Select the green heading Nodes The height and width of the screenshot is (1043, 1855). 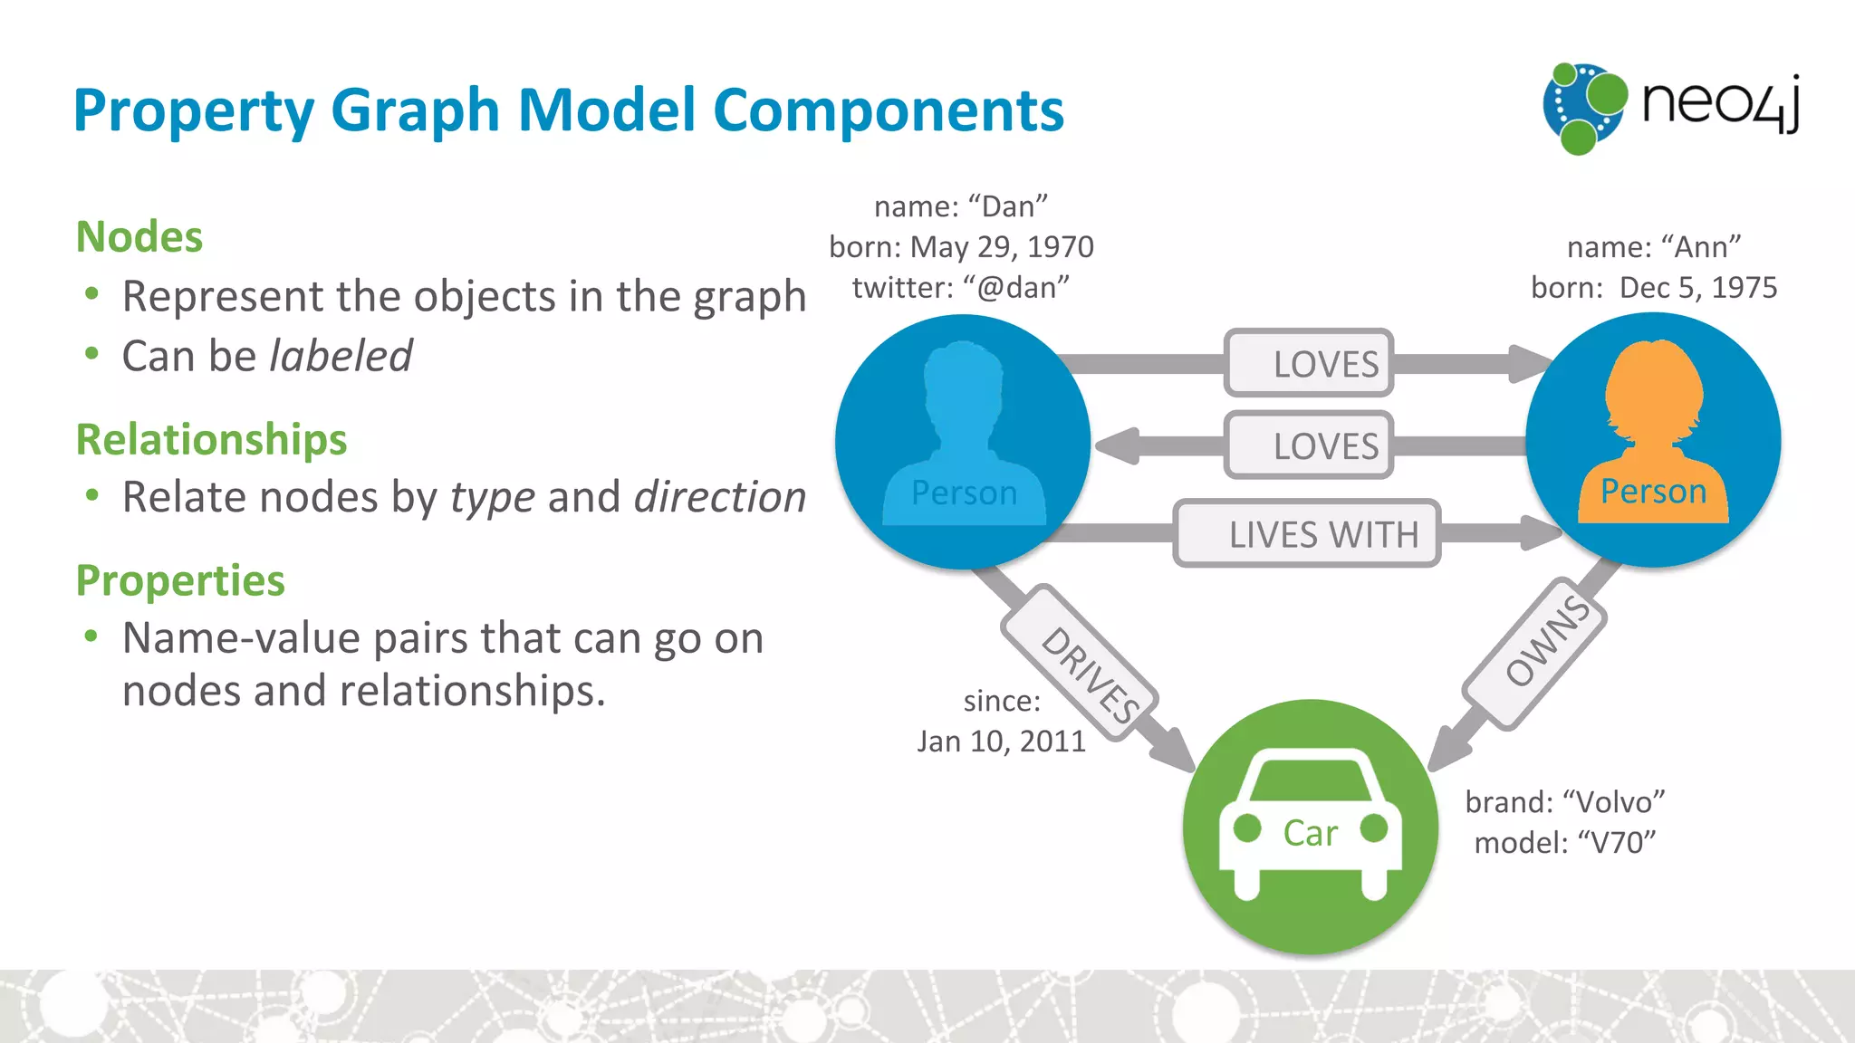pos(139,237)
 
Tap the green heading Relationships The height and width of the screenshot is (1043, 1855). pos(211,440)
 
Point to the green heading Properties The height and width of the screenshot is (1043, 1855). pos(180,581)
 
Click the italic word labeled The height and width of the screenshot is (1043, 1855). pos(341,356)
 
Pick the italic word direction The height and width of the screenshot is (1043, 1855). pos(720,497)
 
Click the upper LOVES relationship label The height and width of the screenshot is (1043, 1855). pos(1309,363)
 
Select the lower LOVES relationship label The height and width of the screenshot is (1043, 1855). pos(1309,445)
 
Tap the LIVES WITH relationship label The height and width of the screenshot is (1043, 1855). pos(1307,534)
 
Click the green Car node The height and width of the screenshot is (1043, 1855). pos(1310,826)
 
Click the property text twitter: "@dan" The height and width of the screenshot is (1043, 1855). pos(961,288)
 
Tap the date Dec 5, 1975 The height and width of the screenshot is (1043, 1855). pos(1698,288)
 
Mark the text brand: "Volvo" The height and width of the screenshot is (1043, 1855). pos(1565,802)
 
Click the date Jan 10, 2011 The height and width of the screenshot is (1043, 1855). pos(1001,742)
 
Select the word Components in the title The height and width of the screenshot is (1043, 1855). pos(889,110)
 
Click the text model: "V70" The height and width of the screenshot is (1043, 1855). pos(1565,843)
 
